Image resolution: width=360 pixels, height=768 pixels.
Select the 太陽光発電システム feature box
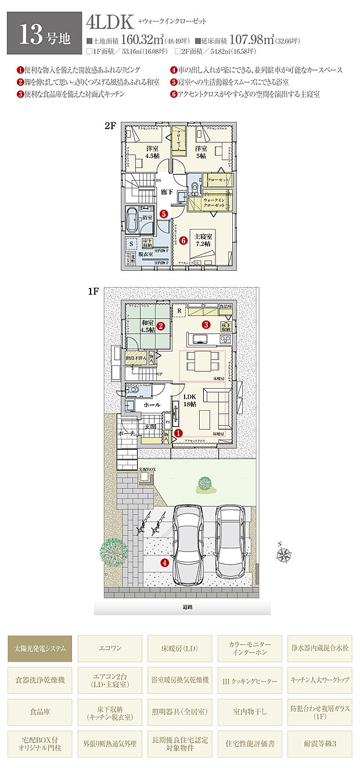coord(40,648)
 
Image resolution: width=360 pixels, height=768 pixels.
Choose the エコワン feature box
coord(110,648)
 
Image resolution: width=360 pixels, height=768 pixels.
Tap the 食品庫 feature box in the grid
coord(40,711)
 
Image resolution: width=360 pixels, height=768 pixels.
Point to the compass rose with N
coord(285,554)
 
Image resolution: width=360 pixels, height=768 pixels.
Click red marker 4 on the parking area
coord(165,562)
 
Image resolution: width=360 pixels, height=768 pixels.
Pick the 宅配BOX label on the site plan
coord(147,469)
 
